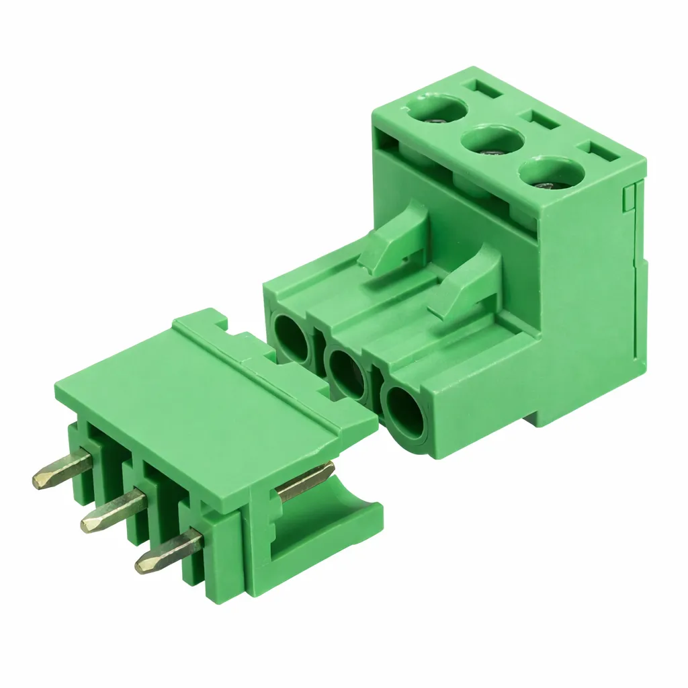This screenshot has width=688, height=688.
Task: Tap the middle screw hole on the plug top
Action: click(x=492, y=142)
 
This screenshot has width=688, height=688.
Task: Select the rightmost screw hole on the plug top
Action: click(x=552, y=174)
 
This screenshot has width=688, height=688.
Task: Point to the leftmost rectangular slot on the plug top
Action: click(x=482, y=87)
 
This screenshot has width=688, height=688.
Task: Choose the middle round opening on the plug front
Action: click(x=347, y=373)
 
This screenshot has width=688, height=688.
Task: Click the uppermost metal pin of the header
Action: click(x=60, y=470)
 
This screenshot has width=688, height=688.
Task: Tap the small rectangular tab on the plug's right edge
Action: click(x=629, y=198)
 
